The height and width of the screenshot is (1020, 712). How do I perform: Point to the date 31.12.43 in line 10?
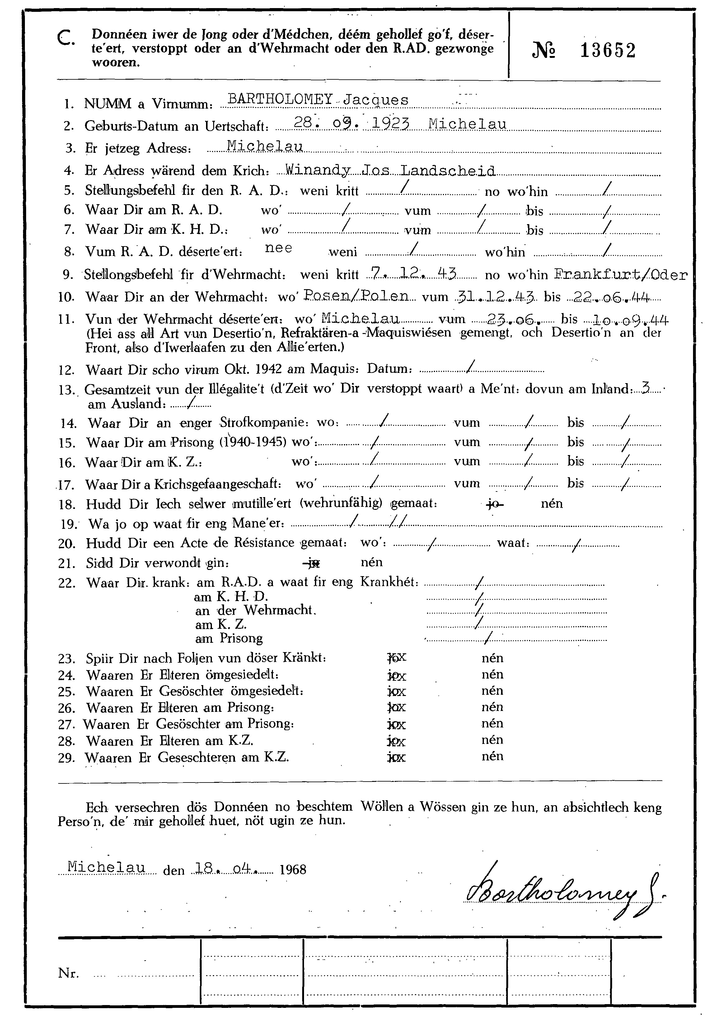pyautogui.click(x=496, y=296)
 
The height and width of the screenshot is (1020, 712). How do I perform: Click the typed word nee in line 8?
pyautogui.click(x=279, y=248)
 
